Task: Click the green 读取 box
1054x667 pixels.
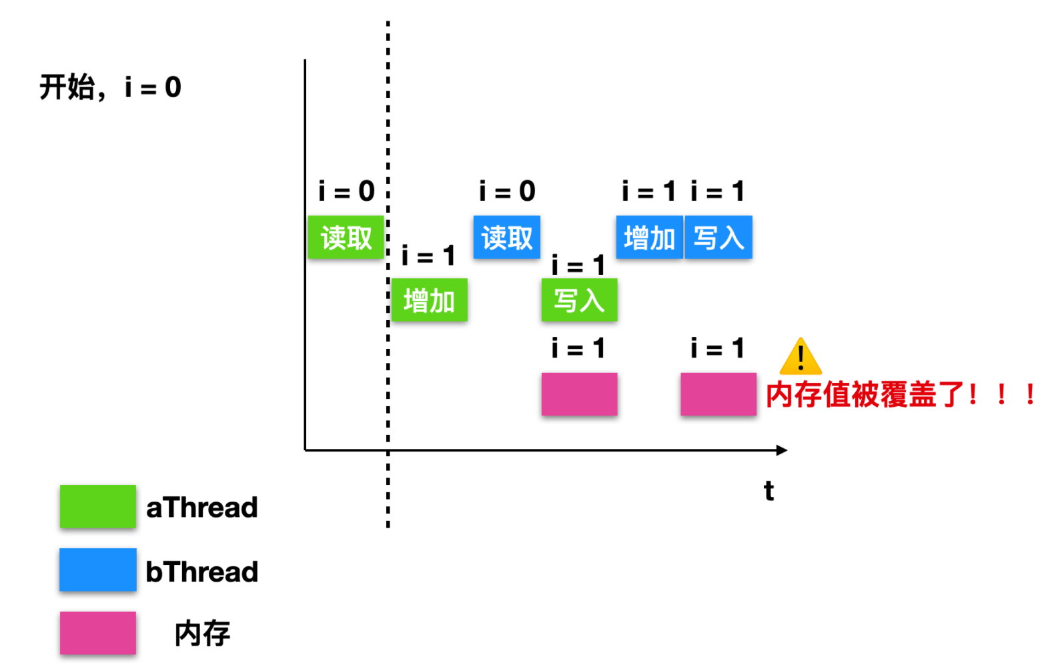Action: pyautogui.click(x=346, y=237)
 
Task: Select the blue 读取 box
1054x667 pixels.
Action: pyautogui.click(x=507, y=237)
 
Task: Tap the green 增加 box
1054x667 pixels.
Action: pyautogui.click(x=429, y=300)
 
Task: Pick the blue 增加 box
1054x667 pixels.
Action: pyautogui.click(x=649, y=237)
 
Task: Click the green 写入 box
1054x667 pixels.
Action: pyautogui.click(x=579, y=300)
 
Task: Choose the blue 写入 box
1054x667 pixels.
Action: pyautogui.click(x=718, y=237)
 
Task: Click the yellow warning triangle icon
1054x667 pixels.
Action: pyautogui.click(x=801, y=357)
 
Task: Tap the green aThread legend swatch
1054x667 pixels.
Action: pyautogui.click(x=98, y=506)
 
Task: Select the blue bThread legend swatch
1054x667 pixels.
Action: pyautogui.click(x=98, y=570)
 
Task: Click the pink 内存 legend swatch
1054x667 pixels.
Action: pyautogui.click(x=98, y=633)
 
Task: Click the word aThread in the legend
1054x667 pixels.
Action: pyautogui.click(x=202, y=508)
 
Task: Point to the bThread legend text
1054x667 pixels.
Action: pyautogui.click(x=202, y=572)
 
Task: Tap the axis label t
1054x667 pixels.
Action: pyautogui.click(x=769, y=491)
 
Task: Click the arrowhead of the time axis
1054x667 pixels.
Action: pyautogui.click(x=782, y=450)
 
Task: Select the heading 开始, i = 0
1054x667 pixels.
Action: pyautogui.click(x=111, y=87)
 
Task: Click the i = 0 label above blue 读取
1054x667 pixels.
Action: pyautogui.click(x=507, y=191)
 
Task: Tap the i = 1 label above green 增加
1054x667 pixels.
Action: pyautogui.click(x=428, y=255)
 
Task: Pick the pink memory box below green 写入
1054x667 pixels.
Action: pyautogui.click(x=579, y=394)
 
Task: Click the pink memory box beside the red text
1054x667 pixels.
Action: pyautogui.click(x=718, y=394)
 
